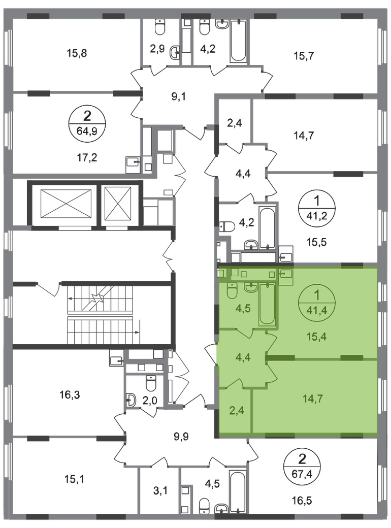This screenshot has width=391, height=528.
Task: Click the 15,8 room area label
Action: [77, 53]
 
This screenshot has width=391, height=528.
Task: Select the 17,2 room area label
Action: [86, 157]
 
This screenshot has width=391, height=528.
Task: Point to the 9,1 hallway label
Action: [179, 97]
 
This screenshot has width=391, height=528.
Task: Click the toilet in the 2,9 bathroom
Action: [159, 26]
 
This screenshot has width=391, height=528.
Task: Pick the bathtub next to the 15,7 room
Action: [239, 41]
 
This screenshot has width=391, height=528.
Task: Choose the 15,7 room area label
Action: [304, 55]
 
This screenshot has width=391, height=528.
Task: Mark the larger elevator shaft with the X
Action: [66, 203]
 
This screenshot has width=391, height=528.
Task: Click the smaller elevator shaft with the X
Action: [117, 203]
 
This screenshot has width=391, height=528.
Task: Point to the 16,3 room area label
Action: [70, 394]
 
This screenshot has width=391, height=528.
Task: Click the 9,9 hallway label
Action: [181, 437]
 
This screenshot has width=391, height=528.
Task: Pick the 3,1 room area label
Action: [160, 491]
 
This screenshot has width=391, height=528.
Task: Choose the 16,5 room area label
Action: [302, 501]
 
